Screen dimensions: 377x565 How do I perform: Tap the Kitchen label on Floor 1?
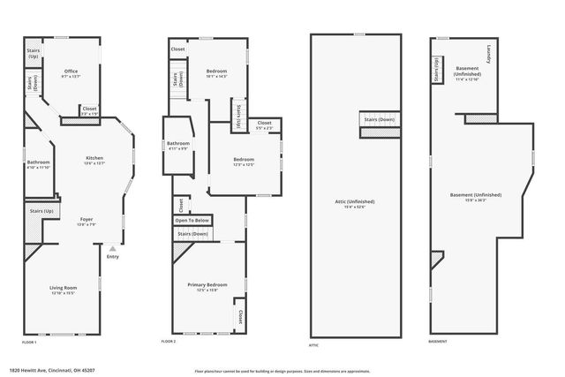coord(94,160)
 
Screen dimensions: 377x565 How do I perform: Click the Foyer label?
coord(87,221)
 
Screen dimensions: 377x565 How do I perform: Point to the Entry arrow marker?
coord(112,250)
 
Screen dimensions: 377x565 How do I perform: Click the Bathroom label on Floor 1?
coord(38,164)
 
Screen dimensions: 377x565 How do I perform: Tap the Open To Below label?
coord(192,220)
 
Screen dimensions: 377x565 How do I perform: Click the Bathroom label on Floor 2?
coord(178,144)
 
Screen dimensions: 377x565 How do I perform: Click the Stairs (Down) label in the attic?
coord(377,118)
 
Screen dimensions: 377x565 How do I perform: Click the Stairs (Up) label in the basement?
coord(436,68)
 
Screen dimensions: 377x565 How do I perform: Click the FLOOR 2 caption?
coord(169,342)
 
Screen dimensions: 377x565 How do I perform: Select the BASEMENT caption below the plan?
coord(438,342)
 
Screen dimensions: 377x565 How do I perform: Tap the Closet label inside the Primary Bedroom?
coord(238,314)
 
